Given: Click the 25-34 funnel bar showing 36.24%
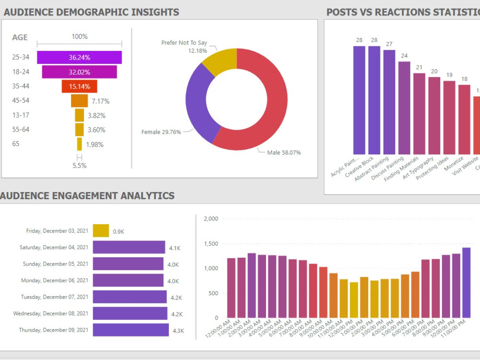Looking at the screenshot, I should (x=79, y=58).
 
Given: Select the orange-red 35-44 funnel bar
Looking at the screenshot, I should (x=79, y=86).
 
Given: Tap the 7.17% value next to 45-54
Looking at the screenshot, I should (x=100, y=101).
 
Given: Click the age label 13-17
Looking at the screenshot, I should (x=21, y=115).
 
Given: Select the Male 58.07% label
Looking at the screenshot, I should (x=284, y=153).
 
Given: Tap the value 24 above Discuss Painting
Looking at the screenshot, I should (x=404, y=56).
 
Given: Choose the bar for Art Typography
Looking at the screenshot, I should (x=434, y=115).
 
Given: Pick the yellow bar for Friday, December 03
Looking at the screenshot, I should (x=101, y=231).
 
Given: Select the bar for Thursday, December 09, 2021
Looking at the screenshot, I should (x=131, y=330).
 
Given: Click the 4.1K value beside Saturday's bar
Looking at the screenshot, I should (x=174, y=248).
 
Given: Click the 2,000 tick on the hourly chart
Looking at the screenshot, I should (x=211, y=219).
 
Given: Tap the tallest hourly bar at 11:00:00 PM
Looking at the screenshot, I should (x=466, y=283).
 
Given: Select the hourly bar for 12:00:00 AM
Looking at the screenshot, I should (x=231, y=288).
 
